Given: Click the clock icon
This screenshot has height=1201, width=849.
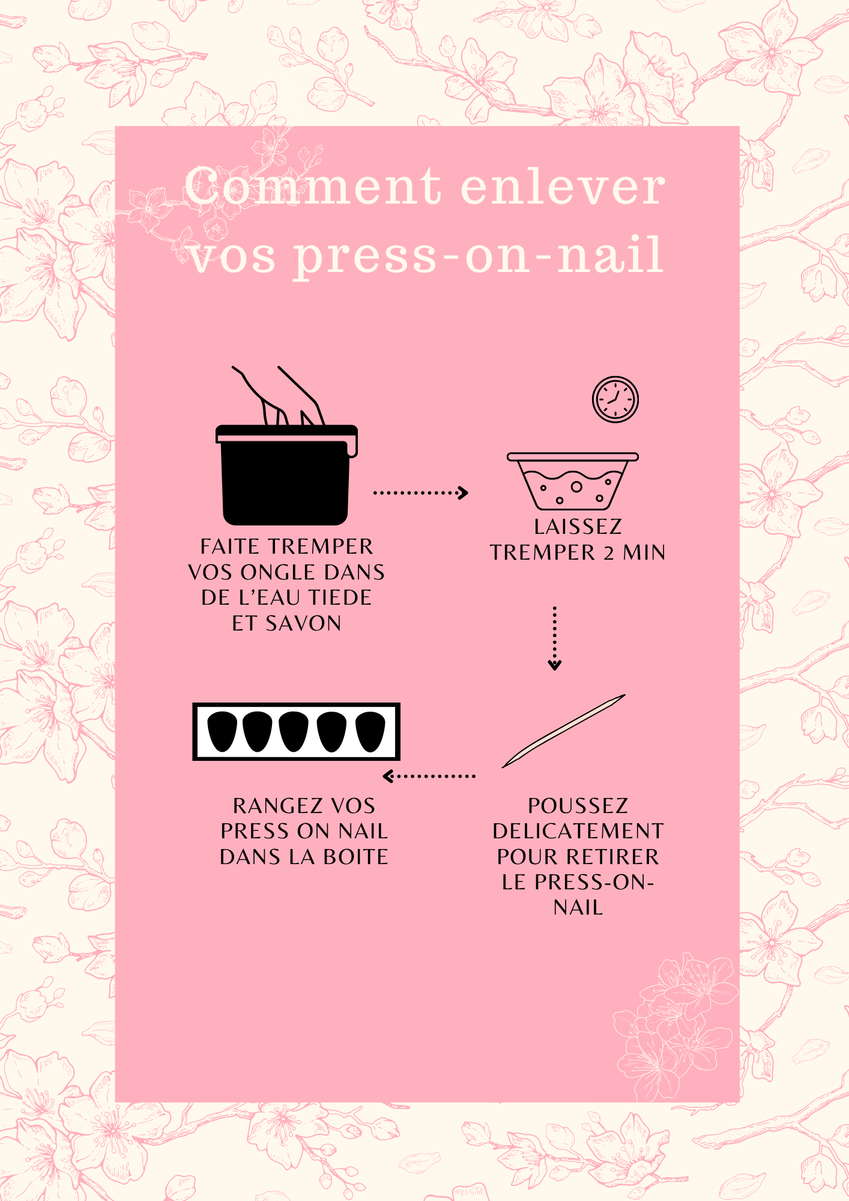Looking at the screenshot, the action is click(615, 399).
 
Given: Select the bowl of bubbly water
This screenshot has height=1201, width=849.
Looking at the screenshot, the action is click(573, 481).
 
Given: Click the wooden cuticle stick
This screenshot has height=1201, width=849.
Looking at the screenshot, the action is click(564, 731).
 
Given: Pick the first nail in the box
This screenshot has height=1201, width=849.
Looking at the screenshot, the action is click(222, 731).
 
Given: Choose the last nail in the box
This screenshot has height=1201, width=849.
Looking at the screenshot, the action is click(370, 731).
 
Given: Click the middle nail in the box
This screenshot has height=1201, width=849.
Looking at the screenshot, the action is click(294, 731).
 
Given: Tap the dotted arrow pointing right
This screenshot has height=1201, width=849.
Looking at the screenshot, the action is click(420, 492).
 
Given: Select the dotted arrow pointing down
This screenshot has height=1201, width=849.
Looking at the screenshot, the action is click(555, 638).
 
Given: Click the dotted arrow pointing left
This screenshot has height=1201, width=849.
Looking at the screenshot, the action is click(429, 776).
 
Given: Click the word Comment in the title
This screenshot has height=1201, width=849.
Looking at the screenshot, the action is click(313, 186).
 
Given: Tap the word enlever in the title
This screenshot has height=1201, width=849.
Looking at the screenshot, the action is click(563, 186).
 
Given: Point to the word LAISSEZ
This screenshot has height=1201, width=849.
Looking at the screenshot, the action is click(578, 527).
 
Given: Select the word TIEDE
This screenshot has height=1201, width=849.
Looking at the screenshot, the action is click(340, 597).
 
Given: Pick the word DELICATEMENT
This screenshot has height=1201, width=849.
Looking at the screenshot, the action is click(578, 831).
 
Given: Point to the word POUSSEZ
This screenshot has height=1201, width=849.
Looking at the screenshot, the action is click(578, 805).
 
